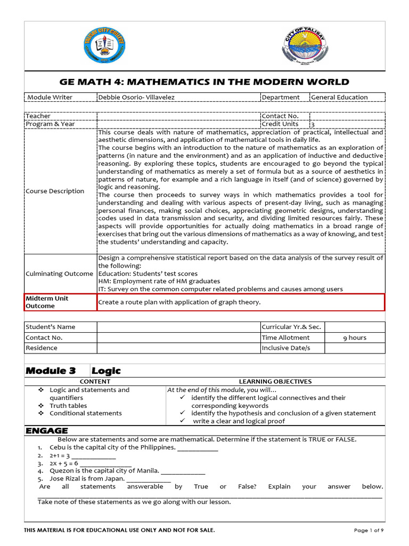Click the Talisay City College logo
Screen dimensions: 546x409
tap(105, 46)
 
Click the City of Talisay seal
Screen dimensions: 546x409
tap(301, 46)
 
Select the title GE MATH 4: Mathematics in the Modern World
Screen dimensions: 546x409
tap(205, 82)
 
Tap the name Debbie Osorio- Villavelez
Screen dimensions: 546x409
tap(136, 97)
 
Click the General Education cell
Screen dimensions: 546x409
tap(339, 97)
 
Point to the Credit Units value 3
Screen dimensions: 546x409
tap(313, 124)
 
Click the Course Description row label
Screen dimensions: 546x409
tap(55, 191)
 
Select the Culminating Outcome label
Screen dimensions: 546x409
tap(59, 274)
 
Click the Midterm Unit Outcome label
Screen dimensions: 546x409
tap(47, 302)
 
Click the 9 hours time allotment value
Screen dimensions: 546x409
tap(354, 338)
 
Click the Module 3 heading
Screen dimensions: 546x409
tap(51, 371)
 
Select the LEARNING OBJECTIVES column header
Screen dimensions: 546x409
tap(275, 382)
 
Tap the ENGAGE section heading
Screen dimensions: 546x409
tap(47, 431)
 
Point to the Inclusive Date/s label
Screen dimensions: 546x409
tap(285, 348)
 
